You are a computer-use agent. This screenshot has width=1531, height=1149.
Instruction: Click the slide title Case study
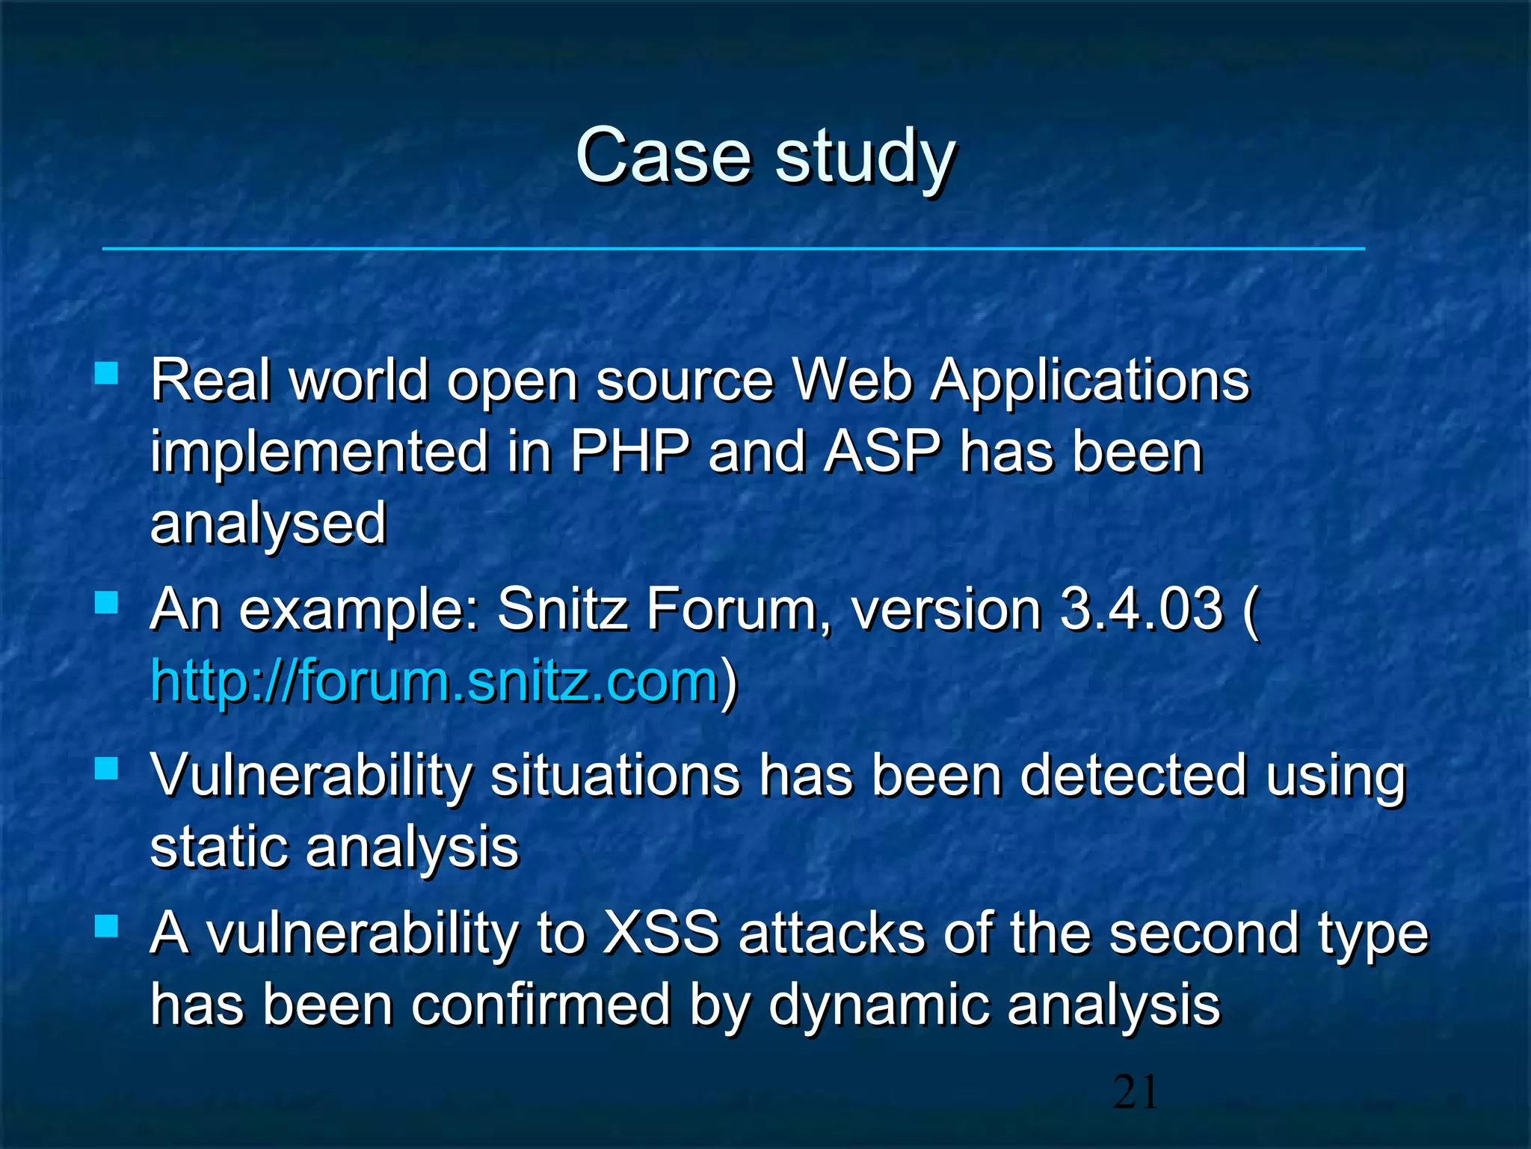click(x=765, y=156)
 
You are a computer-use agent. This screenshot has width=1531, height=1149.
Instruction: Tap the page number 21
click(x=1135, y=1093)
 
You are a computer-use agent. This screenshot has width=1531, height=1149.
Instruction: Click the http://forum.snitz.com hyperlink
click(x=434, y=681)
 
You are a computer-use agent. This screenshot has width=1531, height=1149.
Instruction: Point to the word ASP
click(x=882, y=452)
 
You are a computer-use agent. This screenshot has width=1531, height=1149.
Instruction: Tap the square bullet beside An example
click(x=107, y=602)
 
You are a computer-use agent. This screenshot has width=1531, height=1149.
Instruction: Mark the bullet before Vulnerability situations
click(x=107, y=768)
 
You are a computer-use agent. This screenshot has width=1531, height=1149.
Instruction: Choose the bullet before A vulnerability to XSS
click(x=107, y=927)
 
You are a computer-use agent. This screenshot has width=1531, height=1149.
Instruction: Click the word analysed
click(x=268, y=524)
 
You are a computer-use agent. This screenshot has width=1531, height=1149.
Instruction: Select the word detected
click(x=1133, y=776)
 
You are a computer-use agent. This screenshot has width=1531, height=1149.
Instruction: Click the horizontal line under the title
click(x=733, y=248)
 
